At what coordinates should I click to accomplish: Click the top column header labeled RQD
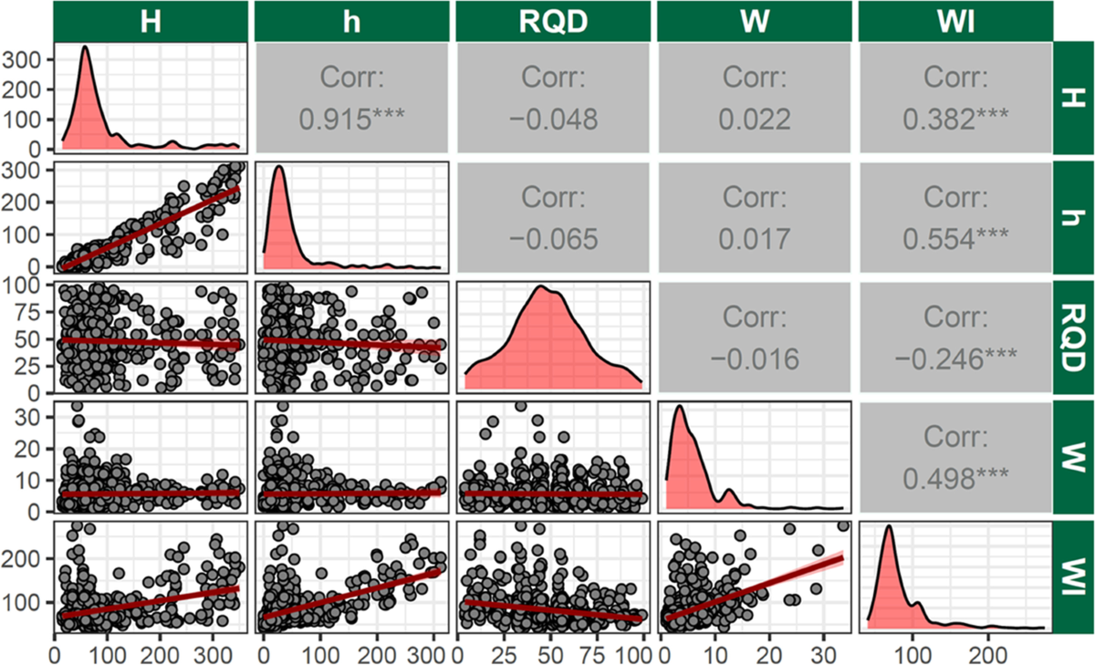[x=553, y=21]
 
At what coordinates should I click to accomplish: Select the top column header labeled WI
[x=955, y=21]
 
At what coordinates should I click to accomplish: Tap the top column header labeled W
[x=754, y=21]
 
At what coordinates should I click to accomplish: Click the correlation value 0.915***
[x=352, y=119]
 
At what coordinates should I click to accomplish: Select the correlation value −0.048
[x=553, y=119]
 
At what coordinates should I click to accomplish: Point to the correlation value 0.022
[x=754, y=119]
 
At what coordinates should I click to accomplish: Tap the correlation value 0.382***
[x=955, y=119]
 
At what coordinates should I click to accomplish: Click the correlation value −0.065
[x=553, y=239]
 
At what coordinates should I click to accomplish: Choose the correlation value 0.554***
[x=955, y=239]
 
